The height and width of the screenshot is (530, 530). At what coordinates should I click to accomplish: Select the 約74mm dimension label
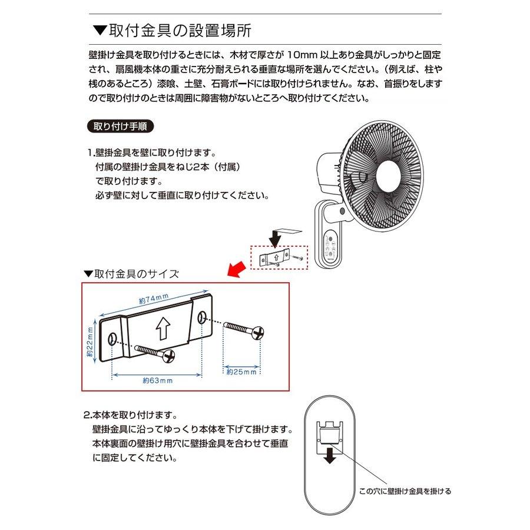coord(154,299)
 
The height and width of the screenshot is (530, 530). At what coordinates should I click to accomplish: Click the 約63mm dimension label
coord(157,381)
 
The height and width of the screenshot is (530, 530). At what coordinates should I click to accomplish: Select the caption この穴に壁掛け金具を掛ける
coord(405,491)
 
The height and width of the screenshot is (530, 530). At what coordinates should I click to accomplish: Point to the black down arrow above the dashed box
coord(274,238)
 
